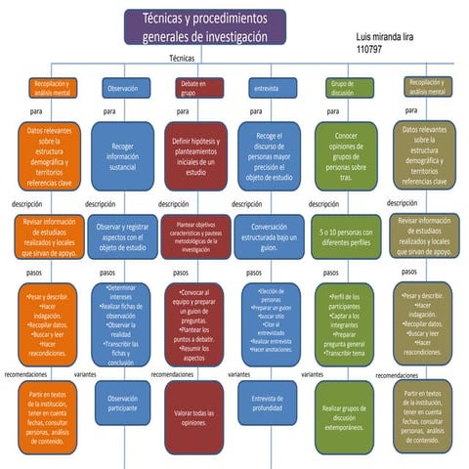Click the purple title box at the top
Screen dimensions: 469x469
(x=204, y=26)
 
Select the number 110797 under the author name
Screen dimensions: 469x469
(x=369, y=48)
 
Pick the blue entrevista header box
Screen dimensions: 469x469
(x=266, y=88)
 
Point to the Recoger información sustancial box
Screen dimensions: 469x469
(x=124, y=154)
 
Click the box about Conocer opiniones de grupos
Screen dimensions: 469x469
(x=344, y=154)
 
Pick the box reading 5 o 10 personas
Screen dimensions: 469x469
(x=344, y=234)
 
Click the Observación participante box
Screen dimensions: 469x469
(x=124, y=401)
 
